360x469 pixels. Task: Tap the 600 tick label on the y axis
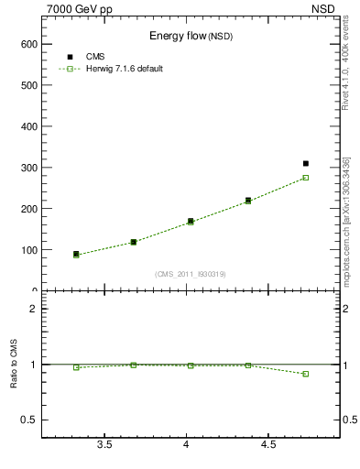point(27,44)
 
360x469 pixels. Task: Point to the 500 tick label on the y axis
point(27,85)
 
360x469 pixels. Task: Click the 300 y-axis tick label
point(27,168)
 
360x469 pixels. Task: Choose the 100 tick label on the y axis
point(27,250)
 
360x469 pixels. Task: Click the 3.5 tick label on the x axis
point(104,445)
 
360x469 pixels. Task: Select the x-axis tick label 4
point(186,445)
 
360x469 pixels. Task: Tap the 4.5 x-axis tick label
point(267,445)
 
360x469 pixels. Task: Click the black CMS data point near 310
point(306,163)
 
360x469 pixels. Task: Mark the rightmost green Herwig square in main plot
point(306,178)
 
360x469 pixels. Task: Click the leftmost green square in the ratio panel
point(76,367)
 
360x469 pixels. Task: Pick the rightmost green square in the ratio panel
point(306,374)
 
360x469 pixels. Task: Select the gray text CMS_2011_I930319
point(190,274)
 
